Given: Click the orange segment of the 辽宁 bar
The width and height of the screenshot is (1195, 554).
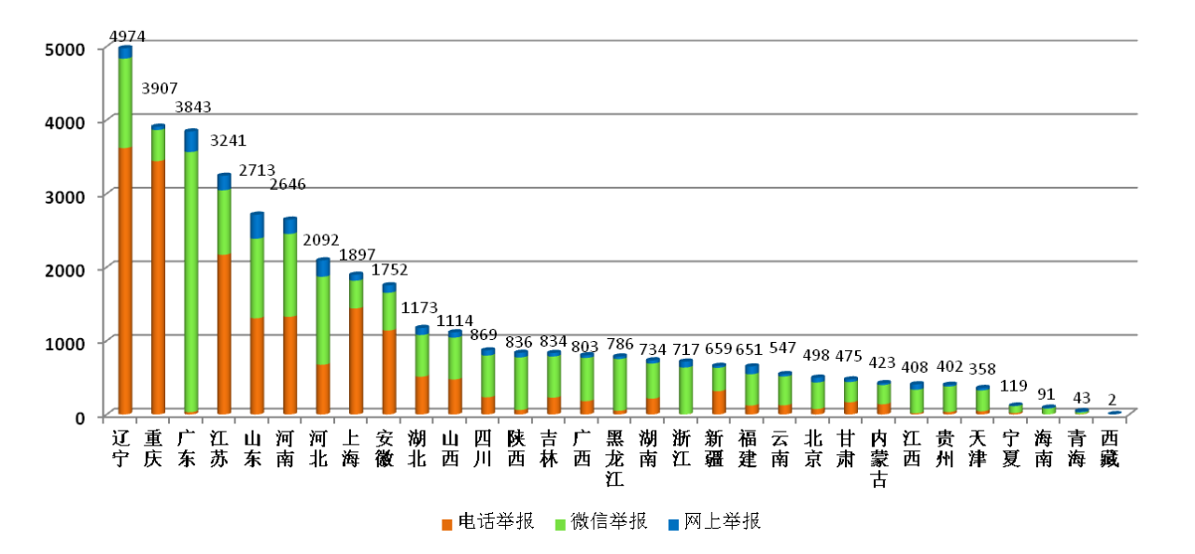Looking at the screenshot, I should (125, 280).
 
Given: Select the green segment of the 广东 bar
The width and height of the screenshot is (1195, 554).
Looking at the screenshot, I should (190, 280).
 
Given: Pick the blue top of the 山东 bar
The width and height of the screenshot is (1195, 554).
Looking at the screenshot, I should (257, 226).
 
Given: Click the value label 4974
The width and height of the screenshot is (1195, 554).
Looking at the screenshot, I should (128, 36).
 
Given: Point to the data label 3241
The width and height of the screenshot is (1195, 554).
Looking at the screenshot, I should (230, 141).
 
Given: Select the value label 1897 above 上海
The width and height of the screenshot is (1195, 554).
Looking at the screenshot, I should (358, 254).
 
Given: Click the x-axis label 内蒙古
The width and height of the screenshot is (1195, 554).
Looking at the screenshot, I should (879, 458).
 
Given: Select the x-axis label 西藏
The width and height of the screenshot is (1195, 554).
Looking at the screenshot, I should (1111, 448).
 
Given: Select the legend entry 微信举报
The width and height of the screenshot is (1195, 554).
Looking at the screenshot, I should (608, 521).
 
